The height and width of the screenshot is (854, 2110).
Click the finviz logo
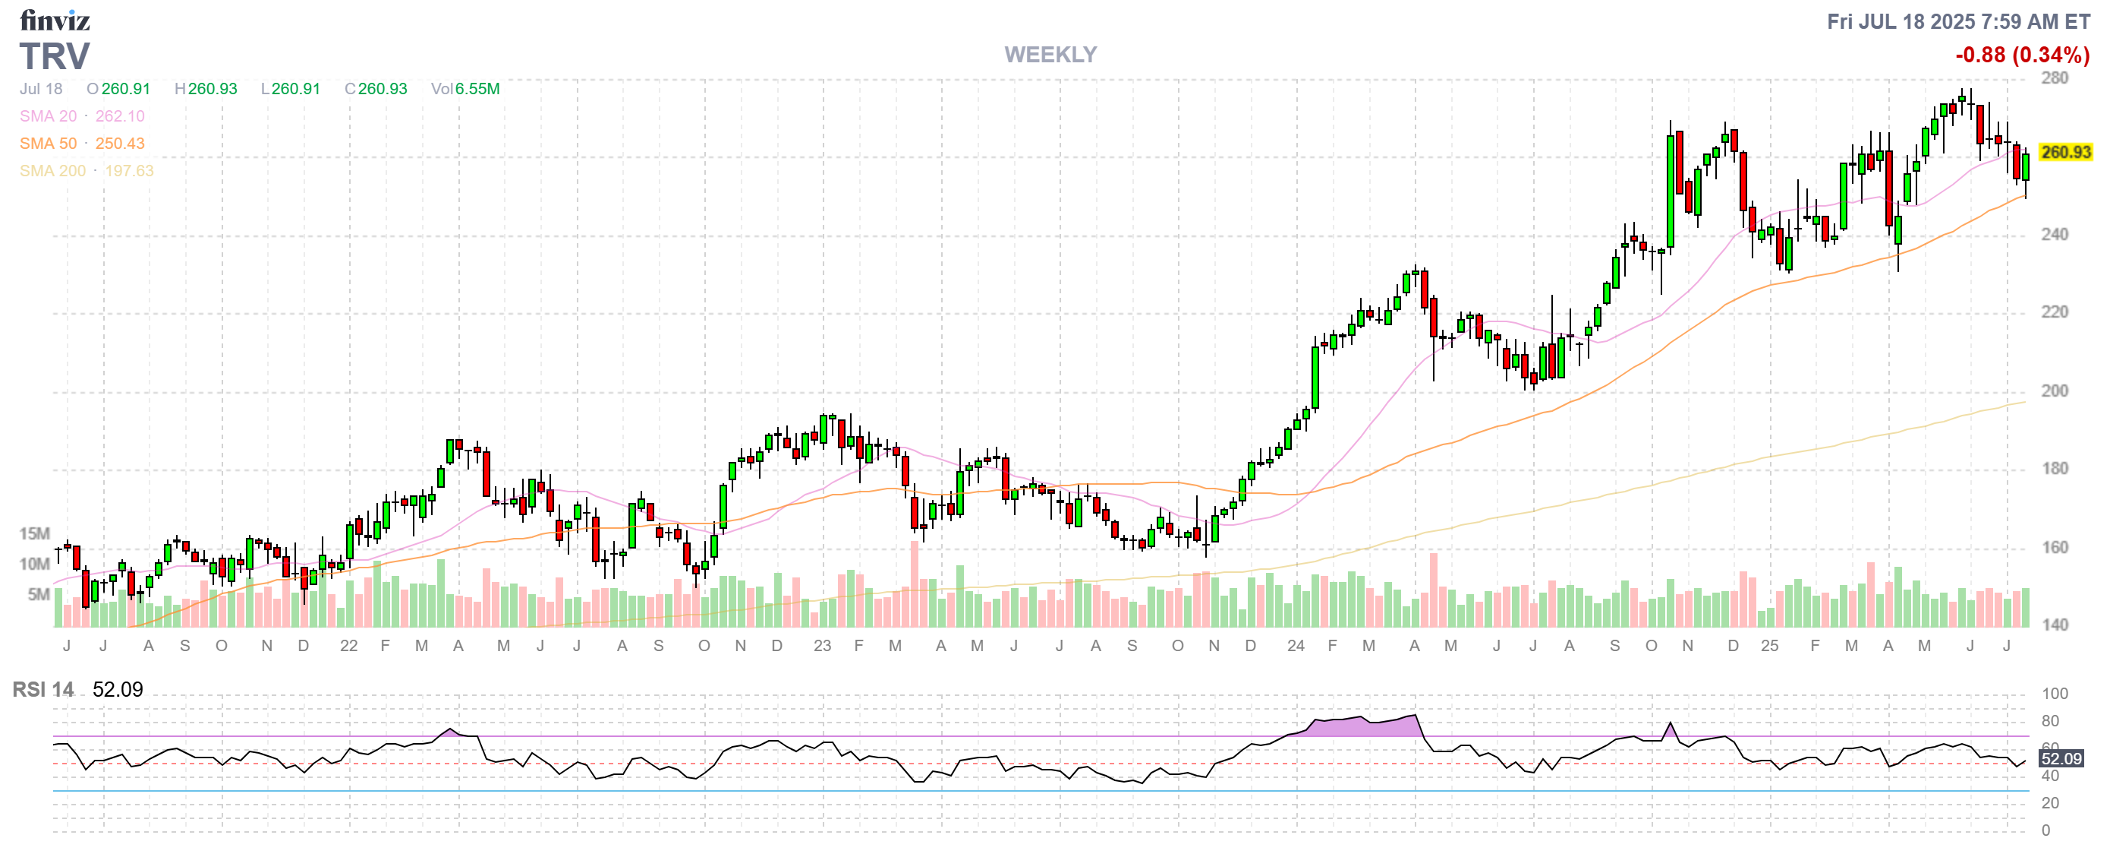coord(54,21)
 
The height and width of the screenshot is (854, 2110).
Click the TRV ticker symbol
coord(55,56)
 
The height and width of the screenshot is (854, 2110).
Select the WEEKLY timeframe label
coord(1050,55)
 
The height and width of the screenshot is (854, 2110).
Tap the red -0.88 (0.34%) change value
coord(2021,55)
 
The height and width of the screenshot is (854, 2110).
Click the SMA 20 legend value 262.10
coord(120,116)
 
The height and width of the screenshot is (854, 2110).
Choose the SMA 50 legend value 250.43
coord(120,144)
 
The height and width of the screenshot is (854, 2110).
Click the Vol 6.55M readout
coord(465,88)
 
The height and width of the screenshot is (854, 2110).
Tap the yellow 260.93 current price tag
coord(2065,153)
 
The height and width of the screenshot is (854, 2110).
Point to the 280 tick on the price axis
coord(2055,77)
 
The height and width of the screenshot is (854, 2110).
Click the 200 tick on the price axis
coord(2055,391)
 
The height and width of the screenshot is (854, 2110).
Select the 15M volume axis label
coord(34,533)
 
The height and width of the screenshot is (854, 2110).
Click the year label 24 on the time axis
coord(1295,646)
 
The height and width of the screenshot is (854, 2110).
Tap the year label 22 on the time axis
coord(349,646)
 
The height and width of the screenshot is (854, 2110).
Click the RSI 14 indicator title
coord(43,690)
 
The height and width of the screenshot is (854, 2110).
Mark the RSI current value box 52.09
coord(2061,759)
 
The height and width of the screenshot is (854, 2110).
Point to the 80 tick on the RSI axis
coord(2050,721)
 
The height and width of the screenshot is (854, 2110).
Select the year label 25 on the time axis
coord(1769,646)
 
